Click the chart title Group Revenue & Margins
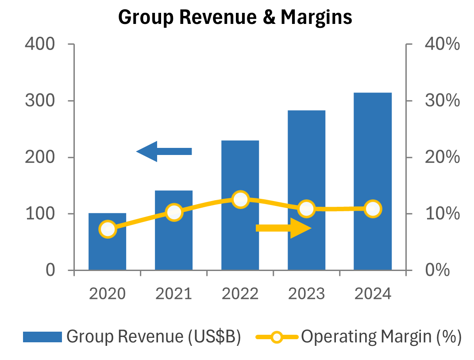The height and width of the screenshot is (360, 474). click(x=235, y=17)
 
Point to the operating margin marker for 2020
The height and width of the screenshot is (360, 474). click(x=108, y=229)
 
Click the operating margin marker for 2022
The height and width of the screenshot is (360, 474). click(x=240, y=200)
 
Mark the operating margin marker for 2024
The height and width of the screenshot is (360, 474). click(x=373, y=209)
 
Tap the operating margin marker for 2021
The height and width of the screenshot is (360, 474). click(x=174, y=212)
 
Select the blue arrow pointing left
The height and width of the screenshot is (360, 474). click(x=164, y=151)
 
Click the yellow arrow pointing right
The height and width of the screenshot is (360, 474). click(x=284, y=228)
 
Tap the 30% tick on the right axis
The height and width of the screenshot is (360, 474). click(x=442, y=101)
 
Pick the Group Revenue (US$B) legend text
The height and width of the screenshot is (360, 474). click(x=154, y=337)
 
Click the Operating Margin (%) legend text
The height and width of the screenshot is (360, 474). click(x=382, y=337)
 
